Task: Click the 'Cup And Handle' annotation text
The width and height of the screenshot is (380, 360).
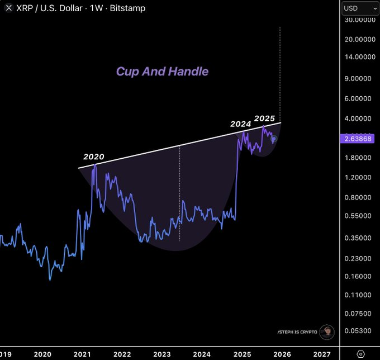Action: [x=162, y=72]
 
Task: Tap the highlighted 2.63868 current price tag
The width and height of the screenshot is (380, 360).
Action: [x=358, y=139]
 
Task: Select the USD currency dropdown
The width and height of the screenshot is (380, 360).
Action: [x=359, y=8]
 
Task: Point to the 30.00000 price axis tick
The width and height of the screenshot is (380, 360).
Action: [x=360, y=20]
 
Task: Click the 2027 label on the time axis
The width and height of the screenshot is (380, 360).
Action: [x=321, y=354]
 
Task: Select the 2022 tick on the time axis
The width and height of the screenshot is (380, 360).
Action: [x=122, y=354]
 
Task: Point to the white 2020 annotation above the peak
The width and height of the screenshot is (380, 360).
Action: [x=94, y=157]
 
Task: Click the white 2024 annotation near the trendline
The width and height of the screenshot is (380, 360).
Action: [x=241, y=124]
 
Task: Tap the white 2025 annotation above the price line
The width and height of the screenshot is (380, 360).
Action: [x=264, y=119]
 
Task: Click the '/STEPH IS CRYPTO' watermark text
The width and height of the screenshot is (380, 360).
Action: [x=297, y=332]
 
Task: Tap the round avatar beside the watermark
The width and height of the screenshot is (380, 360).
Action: [x=327, y=332]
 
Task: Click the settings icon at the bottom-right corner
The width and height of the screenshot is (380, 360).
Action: [x=360, y=354]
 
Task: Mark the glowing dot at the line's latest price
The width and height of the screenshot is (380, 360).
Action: [x=274, y=139]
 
